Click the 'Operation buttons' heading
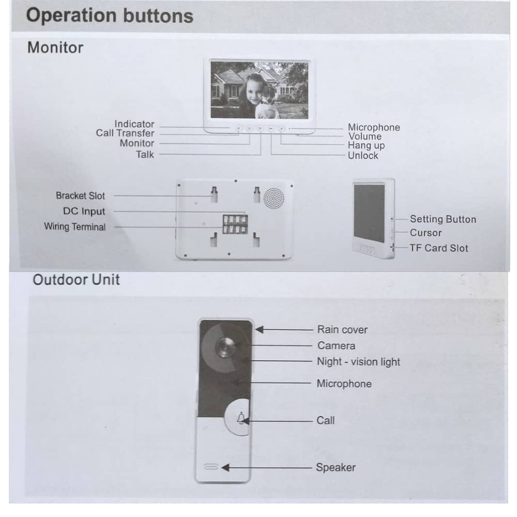pos(110,16)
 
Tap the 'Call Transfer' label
pos(125,133)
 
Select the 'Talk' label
pos(145,154)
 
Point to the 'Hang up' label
pos(367,145)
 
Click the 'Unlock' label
pos(363,156)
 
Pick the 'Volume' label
pos(365,136)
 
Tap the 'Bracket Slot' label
pos(81,196)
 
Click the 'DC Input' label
pos(84,211)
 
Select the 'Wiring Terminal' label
pos(75,227)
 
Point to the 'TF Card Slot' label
pos(439,248)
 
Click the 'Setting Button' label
pos(443,219)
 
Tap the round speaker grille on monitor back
pos(273,198)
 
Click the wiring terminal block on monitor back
pos(235,224)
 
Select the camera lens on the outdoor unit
pos(225,347)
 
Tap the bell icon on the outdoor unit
pos(241,418)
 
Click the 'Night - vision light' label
pos(358,362)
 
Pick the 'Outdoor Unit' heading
pos(76,280)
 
